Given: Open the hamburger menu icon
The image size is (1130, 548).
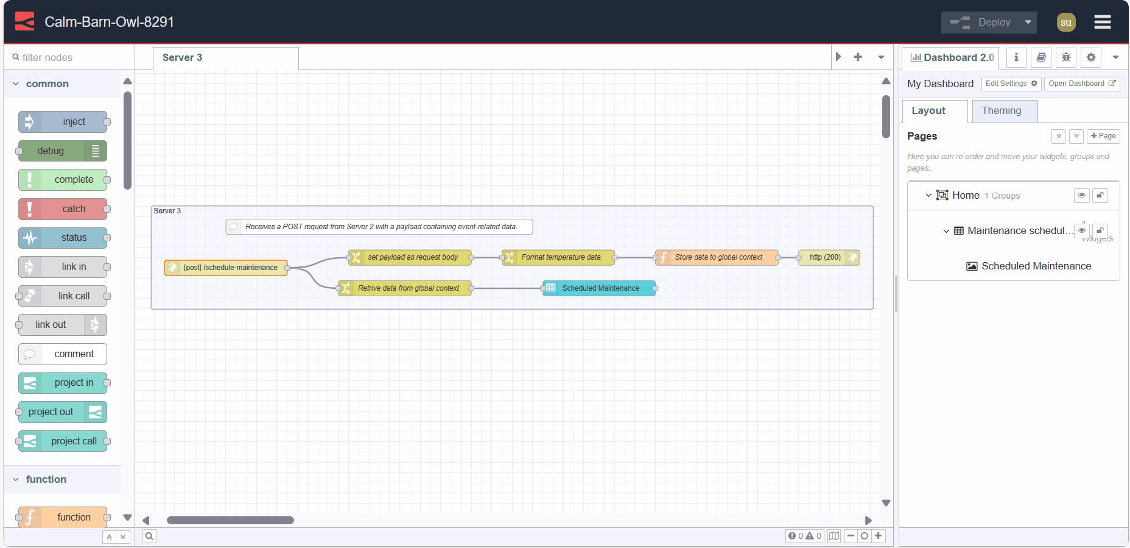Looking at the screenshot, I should (x=1102, y=23).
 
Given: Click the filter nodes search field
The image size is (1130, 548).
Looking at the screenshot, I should (x=70, y=57).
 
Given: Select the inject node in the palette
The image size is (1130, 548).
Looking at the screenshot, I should (x=63, y=122).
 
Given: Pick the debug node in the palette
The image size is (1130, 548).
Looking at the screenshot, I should (x=62, y=151).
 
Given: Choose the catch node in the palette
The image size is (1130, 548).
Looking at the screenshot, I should (x=63, y=209).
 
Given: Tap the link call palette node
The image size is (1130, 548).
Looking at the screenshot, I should (x=63, y=296).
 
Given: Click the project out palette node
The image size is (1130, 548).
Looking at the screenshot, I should (x=62, y=412).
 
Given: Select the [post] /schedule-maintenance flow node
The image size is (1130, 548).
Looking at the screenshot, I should (x=226, y=268).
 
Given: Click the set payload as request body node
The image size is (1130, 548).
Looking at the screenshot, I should (x=410, y=257).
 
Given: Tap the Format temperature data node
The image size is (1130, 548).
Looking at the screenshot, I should (x=558, y=257).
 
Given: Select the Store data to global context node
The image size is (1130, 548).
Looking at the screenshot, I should (x=717, y=257).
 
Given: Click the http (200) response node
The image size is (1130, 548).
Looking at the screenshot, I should (x=829, y=257).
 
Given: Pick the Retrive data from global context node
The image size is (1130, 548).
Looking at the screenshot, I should (x=405, y=288).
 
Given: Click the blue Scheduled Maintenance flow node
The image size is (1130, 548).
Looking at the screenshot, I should (x=599, y=288).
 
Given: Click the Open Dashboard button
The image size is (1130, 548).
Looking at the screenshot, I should (x=1081, y=84).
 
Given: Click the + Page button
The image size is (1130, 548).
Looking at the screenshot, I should (x=1103, y=136).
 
